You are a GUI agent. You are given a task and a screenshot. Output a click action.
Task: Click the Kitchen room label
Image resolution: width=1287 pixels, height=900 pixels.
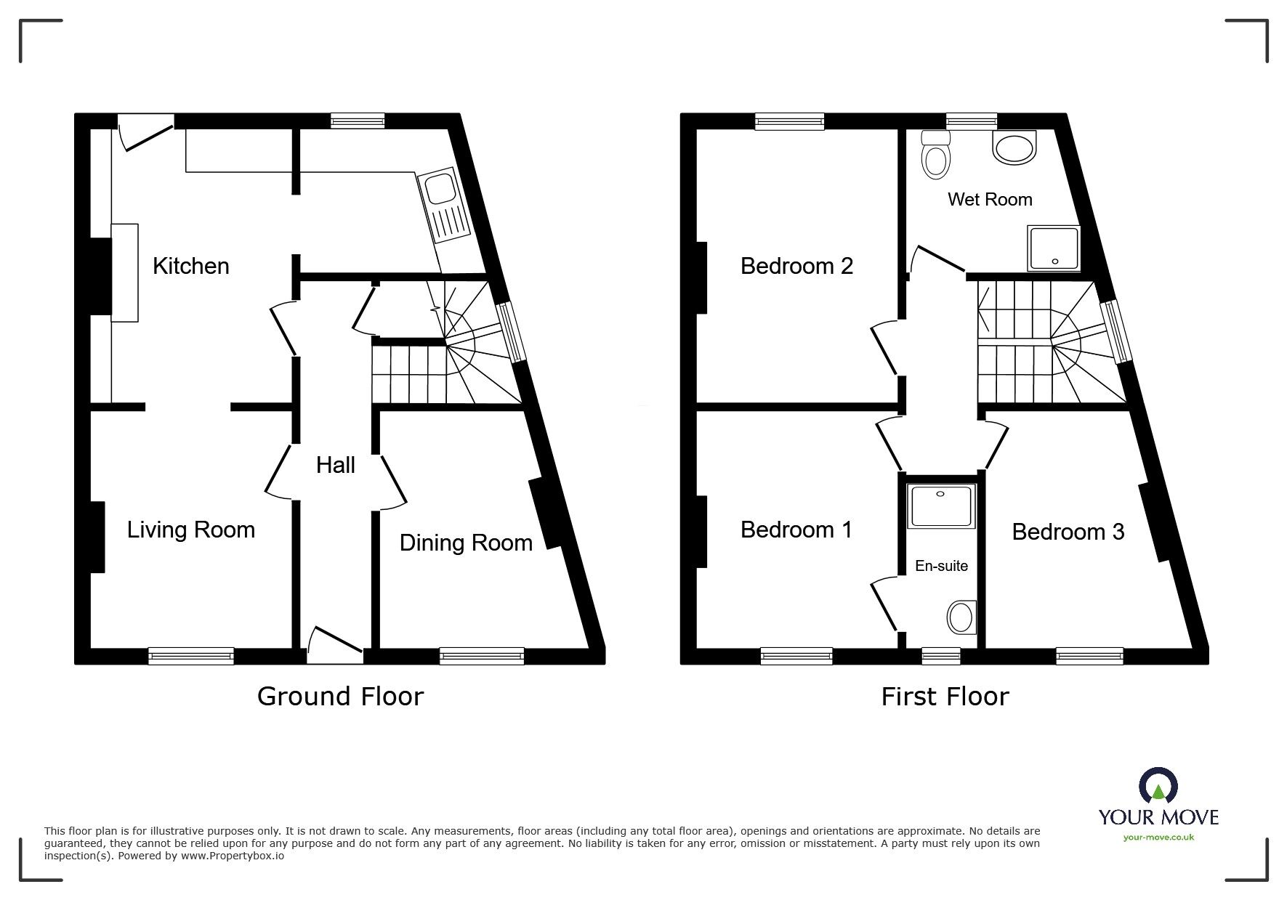[x=191, y=266]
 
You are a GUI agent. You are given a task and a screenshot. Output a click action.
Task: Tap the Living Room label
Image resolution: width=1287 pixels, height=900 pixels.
[x=191, y=530]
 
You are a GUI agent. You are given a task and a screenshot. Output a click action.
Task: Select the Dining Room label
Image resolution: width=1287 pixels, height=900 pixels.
[x=466, y=543]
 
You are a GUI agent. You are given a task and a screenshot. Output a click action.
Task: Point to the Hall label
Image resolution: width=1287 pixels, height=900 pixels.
[x=335, y=465]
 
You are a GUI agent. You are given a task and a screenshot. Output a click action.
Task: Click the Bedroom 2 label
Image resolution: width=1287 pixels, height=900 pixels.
[x=796, y=266]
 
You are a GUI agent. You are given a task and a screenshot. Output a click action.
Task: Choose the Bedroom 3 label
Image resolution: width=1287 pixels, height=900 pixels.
[x=1068, y=532]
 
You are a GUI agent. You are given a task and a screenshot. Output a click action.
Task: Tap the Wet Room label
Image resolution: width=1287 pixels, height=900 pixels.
[x=990, y=199]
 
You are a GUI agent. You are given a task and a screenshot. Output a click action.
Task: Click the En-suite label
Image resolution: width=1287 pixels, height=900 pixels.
[x=941, y=566]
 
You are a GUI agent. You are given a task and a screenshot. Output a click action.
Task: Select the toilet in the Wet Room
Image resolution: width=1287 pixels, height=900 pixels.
[x=935, y=156]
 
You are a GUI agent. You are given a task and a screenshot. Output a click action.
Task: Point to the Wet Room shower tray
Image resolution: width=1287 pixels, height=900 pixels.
[x=1053, y=247]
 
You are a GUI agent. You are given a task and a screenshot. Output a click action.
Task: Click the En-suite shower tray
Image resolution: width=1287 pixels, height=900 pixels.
[x=941, y=506]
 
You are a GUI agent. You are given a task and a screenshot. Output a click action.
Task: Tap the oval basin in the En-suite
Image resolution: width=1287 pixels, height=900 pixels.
[x=961, y=617]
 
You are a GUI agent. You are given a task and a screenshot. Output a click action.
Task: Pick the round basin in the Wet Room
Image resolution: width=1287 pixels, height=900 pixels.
[x=1014, y=149]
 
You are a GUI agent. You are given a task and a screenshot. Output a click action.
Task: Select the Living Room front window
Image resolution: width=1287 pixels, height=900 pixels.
[x=191, y=656]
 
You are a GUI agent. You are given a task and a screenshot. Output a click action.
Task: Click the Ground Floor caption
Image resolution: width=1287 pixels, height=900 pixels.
[x=340, y=697]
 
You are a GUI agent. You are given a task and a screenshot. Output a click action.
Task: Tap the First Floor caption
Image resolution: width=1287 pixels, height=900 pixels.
[x=945, y=697]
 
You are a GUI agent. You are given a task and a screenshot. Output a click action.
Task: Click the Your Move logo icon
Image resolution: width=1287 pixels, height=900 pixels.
[x=1158, y=787]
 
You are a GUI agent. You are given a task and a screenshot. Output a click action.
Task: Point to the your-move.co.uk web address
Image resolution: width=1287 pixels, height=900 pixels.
[x=1158, y=838]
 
